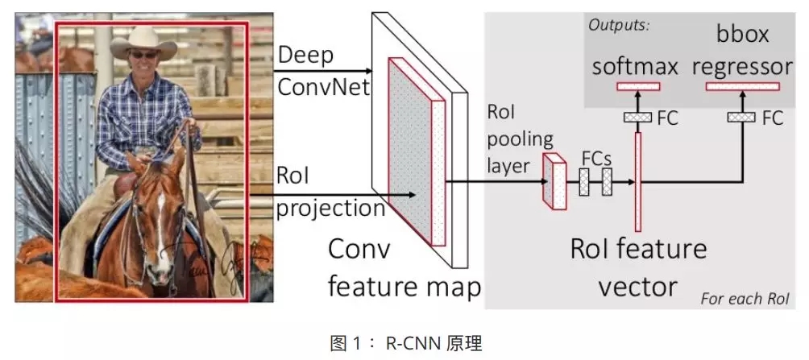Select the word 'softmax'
tap(636, 65)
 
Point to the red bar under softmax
tap(637, 86)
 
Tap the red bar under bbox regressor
tap(736, 86)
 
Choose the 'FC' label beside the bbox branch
tap(771, 118)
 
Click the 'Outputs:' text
tap(619, 25)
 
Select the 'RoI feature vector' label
tap(637, 265)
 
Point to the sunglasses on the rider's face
tap(146, 55)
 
